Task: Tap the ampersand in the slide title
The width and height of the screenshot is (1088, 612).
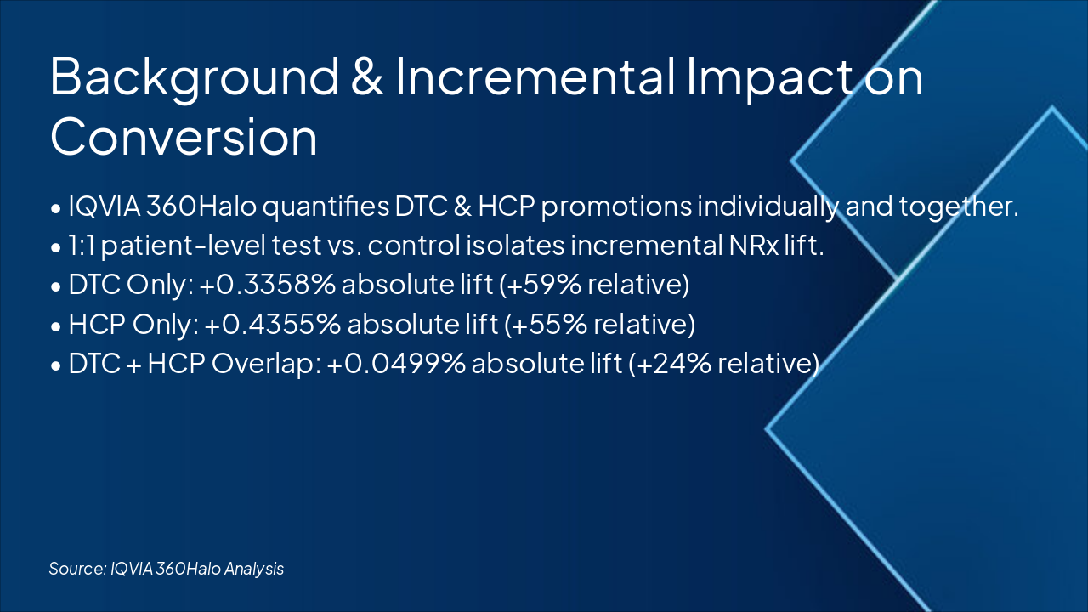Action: click(367, 76)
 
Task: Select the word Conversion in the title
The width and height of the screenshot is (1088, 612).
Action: click(184, 137)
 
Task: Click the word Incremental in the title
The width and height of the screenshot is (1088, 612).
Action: click(535, 76)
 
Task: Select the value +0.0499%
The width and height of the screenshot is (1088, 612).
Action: click(396, 363)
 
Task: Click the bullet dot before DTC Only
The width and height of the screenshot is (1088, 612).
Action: click(56, 286)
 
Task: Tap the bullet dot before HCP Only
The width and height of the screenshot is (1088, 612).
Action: click(56, 326)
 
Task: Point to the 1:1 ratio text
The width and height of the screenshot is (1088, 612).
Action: click(82, 246)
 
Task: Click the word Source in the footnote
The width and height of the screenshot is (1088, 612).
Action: click(77, 569)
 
